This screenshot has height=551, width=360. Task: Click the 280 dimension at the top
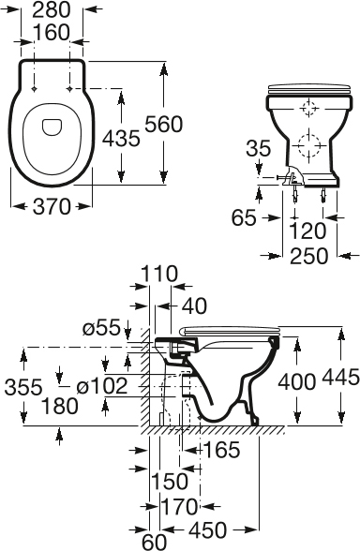coord(52,10)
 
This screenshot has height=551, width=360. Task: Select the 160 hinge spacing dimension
coord(52,32)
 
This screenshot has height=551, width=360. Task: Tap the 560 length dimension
coord(164,124)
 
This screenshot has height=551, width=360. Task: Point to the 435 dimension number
coord(121,138)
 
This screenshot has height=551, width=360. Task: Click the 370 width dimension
coord(52,206)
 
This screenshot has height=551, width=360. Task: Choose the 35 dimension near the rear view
coord(259,148)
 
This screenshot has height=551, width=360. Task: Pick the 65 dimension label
coord(244,218)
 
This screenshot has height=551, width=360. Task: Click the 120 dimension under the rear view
coord(307,231)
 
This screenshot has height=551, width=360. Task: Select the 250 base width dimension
coord(308,256)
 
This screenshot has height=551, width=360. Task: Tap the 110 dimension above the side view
coord(159,274)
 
